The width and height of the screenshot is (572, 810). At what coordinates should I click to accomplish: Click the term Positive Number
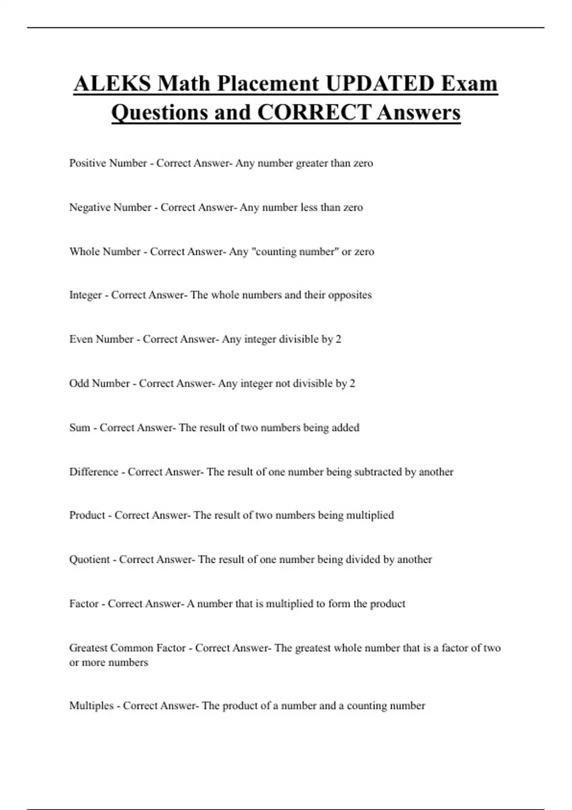coord(108,163)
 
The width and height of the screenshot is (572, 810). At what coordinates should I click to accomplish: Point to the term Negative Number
coord(110,208)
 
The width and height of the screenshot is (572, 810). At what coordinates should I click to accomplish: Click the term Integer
coord(85,295)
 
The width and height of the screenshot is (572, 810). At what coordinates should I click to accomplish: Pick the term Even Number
coord(101,339)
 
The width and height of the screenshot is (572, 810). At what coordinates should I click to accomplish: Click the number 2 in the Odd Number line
coord(352,384)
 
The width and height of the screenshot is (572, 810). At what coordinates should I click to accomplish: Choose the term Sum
coord(80,428)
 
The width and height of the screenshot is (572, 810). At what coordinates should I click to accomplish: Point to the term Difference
coord(93,472)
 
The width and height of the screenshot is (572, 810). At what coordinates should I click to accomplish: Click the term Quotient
coord(89,560)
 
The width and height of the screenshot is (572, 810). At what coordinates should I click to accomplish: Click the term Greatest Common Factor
coord(127,648)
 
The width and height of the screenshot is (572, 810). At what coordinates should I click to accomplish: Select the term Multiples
coord(92,706)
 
